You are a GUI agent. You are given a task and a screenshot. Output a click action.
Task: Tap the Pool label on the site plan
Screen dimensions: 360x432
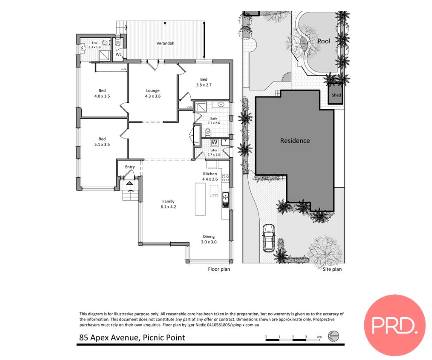pyautogui.click(x=324, y=42)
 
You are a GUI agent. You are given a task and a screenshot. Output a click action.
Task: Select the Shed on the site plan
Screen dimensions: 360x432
pyautogui.click(x=336, y=95)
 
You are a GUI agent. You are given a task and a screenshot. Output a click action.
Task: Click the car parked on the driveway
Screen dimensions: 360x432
pyautogui.click(x=268, y=238)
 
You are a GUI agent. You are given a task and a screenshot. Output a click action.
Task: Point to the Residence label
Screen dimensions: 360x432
pyautogui.click(x=294, y=141)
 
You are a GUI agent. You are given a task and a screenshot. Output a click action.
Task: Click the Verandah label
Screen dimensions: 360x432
pyautogui.click(x=165, y=43)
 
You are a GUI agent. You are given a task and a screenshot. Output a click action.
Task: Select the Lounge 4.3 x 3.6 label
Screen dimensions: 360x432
pyautogui.click(x=153, y=93)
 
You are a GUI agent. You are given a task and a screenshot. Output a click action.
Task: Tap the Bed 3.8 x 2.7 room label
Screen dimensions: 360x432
pyautogui.click(x=204, y=82)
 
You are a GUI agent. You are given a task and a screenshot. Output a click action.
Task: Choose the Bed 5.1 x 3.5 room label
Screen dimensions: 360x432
pyautogui.click(x=102, y=142)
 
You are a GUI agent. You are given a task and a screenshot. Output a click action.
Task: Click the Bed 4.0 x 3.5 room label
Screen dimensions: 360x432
pyautogui.click(x=102, y=93)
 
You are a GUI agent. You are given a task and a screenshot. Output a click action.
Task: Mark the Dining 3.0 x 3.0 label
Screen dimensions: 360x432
pyautogui.click(x=209, y=239)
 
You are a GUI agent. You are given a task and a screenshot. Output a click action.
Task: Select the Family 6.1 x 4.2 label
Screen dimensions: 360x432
pyautogui.click(x=168, y=204)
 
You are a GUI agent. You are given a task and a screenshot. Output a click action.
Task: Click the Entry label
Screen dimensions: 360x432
pyautogui.click(x=130, y=167)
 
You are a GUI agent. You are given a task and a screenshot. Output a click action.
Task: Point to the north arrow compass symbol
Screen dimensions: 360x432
pyautogui.click(x=333, y=337)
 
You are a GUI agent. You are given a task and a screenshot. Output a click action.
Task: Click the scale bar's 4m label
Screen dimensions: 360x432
pyautogui.click(x=319, y=337)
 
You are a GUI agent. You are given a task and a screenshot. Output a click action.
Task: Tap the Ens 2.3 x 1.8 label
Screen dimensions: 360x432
pyautogui.click(x=93, y=45)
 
